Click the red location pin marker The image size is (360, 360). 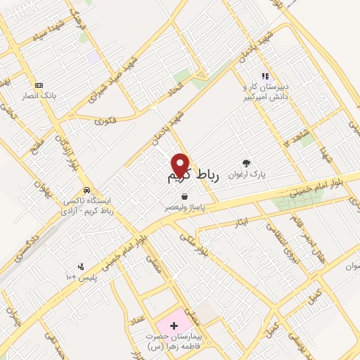[181, 165]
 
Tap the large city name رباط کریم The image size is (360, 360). [193, 176]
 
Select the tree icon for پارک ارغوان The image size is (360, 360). [246, 162]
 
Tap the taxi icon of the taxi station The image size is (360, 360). [86, 190]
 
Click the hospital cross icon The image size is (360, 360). [174, 326]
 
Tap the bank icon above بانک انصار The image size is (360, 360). [38, 85]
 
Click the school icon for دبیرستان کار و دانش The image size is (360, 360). [265, 76]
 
